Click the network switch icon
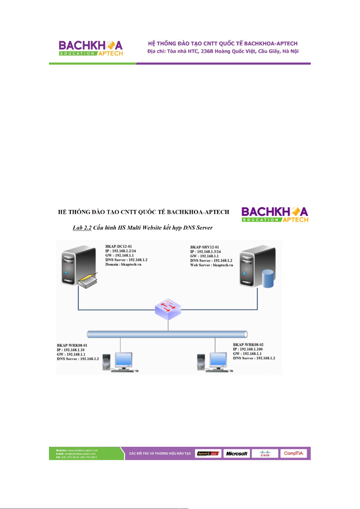(x=168, y=309)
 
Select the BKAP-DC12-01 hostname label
(x=118, y=246)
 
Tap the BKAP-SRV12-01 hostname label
(x=204, y=247)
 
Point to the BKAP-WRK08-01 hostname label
(x=72, y=345)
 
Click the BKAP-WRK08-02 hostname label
(x=248, y=345)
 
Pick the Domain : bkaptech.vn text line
(x=123, y=264)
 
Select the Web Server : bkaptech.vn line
(x=212, y=265)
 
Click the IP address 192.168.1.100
(x=251, y=349)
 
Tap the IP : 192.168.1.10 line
(x=71, y=350)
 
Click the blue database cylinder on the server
(x=268, y=279)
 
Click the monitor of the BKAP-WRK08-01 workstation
(x=124, y=360)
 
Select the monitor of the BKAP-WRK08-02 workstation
(x=218, y=359)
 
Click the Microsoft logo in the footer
(x=237, y=453)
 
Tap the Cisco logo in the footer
(x=265, y=453)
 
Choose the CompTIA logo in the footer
(x=293, y=453)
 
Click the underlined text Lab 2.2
(x=82, y=228)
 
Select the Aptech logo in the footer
(x=208, y=453)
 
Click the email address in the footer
(x=80, y=454)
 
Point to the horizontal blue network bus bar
(x=167, y=334)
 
